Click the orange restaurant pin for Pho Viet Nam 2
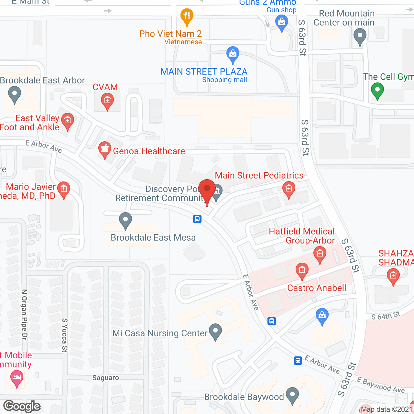tap(187, 16)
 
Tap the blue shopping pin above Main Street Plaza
tap(233, 54)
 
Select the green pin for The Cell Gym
tap(377, 90)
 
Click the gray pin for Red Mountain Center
tap(360, 36)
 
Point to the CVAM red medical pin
tap(107, 101)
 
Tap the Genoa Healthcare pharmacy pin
tap(104, 149)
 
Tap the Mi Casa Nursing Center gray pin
tap(215, 332)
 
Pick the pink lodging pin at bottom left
tap(17, 378)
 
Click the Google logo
tap(22, 406)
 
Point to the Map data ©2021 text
tap(386, 409)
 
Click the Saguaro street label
tap(105, 378)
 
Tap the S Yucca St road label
tap(65, 335)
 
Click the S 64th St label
tap(386, 316)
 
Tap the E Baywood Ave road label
tap(381, 385)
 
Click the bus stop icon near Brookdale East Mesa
tap(197, 219)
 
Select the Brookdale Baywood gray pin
tap(292, 395)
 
